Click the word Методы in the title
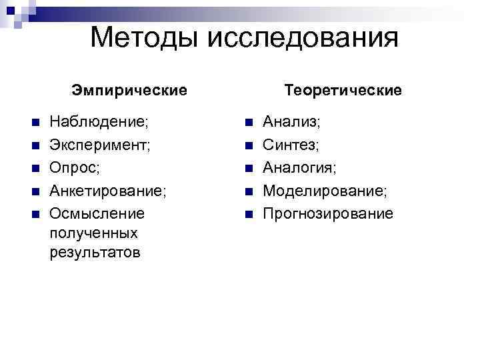145,37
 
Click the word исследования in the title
303,39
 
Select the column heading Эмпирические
129,89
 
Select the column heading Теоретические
343,89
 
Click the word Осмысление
97,213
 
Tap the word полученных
93,233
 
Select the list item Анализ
291,122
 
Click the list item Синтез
291,145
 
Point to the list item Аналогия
299,167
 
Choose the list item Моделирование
325,191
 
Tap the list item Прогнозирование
328,213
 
